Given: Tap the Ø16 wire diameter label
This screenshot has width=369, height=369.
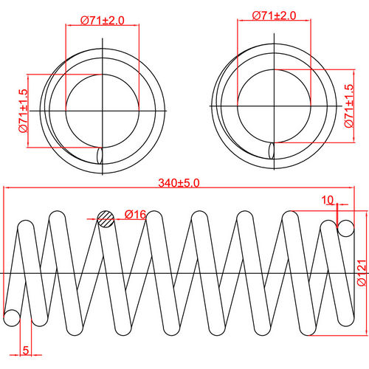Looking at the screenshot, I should pyautogui.click(x=134, y=214).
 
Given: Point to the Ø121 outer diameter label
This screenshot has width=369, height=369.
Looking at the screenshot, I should pyautogui.click(x=361, y=272).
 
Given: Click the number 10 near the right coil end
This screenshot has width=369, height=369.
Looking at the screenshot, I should pyautogui.click(x=328, y=200).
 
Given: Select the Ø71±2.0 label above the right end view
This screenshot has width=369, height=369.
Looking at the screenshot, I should pyautogui.click(x=274, y=15).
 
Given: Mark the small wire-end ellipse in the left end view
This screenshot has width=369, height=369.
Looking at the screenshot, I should pyautogui.click(x=101, y=156).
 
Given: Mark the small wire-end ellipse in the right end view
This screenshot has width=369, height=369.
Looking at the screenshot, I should pyautogui.click(x=273, y=150).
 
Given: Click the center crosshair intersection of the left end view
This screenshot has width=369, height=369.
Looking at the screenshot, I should pyautogui.click(x=102, y=111).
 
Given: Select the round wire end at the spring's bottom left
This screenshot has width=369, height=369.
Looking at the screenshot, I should pyautogui.click(x=12, y=318).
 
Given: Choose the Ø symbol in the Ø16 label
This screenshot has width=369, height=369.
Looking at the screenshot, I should pyautogui.click(x=128, y=214).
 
